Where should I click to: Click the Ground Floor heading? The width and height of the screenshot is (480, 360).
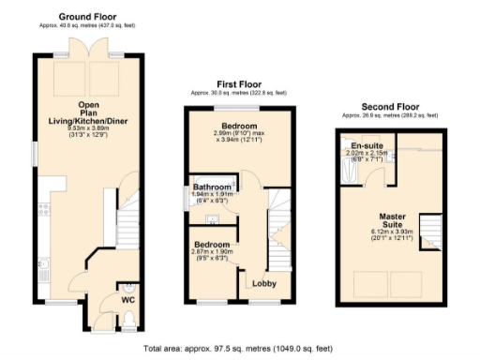click(x=86, y=16)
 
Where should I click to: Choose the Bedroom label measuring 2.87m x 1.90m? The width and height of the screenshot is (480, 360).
click(x=211, y=250)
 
